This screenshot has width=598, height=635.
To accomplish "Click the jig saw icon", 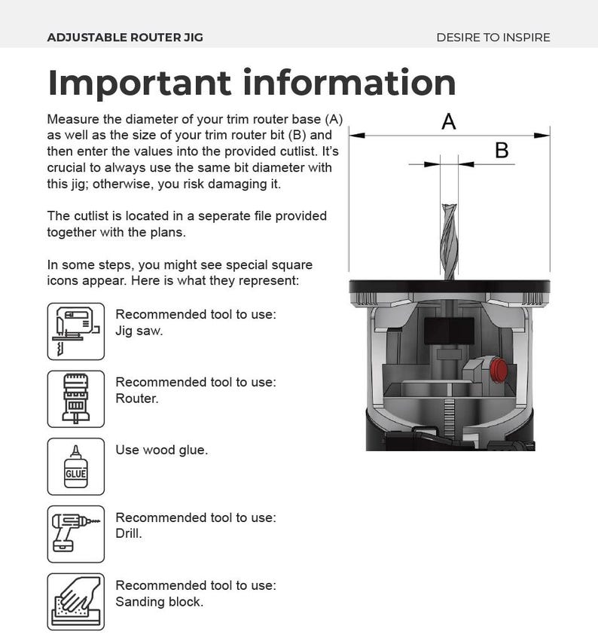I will click(75, 331).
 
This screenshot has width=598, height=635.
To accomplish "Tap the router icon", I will click(75, 398).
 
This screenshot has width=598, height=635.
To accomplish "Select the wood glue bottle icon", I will click(75, 466).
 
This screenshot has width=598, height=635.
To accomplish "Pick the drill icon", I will click(75, 534).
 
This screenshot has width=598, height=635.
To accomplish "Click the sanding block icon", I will click(75, 601).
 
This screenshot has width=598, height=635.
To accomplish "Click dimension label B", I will click(502, 151).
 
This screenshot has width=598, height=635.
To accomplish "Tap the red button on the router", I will click(497, 370).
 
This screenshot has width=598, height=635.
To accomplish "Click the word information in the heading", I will click(353, 83).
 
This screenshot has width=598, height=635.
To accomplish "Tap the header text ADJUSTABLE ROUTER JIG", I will click(124, 37).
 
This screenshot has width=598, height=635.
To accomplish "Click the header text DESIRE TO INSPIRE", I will click(493, 37).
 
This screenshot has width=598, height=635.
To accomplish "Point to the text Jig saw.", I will click(139, 331).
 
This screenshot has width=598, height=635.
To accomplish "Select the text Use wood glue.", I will click(161, 450).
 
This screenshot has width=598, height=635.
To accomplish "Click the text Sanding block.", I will click(159, 602).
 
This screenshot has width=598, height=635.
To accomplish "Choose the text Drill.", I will click(129, 534).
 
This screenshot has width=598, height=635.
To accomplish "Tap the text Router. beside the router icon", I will click(136, 398).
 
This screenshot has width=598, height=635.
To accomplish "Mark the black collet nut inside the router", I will click(449, 329).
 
